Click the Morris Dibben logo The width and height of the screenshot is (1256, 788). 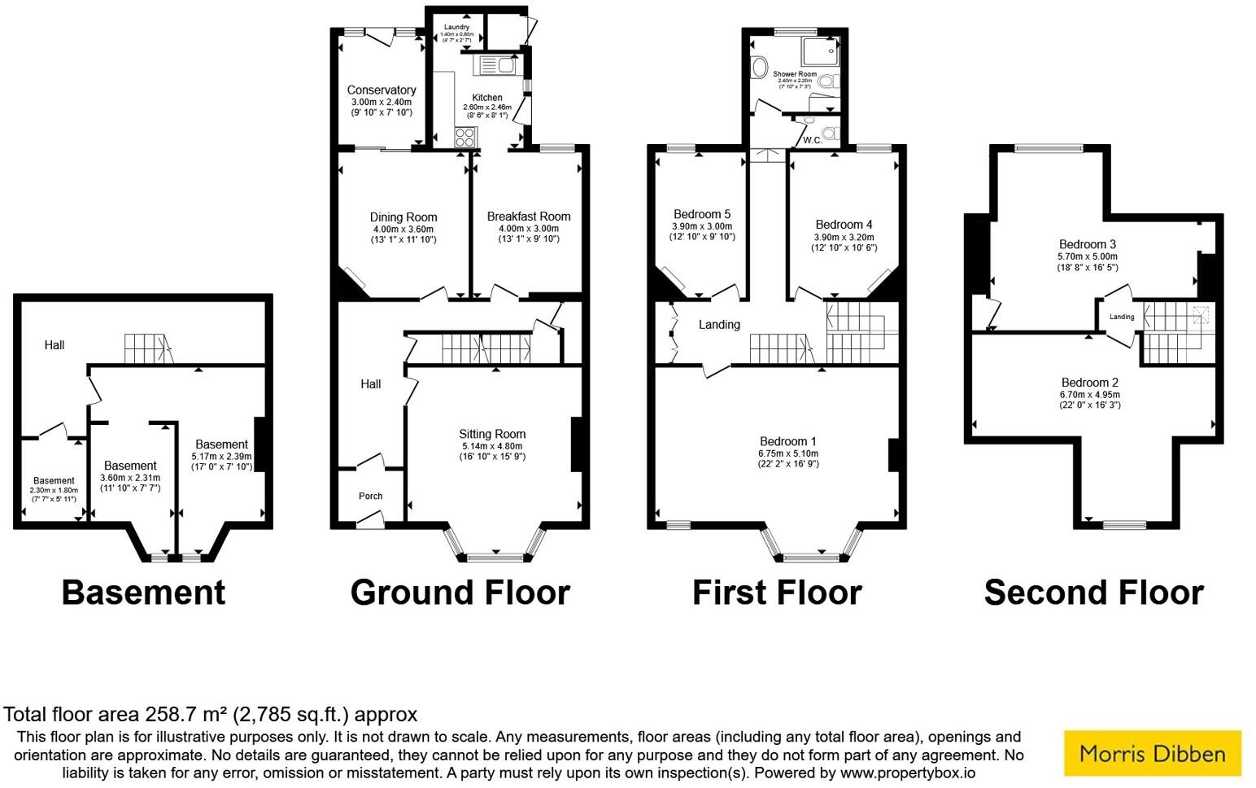1152,753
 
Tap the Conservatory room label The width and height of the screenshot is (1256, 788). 381,90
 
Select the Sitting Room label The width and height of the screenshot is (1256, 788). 492,434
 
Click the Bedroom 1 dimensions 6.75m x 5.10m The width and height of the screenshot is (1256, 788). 787,453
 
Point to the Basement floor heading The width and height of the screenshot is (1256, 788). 143,593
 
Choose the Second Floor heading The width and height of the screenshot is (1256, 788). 1093,593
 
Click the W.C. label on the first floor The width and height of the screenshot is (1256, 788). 812,140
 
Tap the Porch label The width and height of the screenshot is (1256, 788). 370,496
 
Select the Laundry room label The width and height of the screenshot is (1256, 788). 456,28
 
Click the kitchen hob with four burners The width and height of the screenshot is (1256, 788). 464,137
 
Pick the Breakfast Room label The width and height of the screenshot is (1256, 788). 528,217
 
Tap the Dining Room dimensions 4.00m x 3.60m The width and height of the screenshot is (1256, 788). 403,230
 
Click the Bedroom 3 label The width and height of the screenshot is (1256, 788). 1087,244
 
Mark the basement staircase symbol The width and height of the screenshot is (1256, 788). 148,349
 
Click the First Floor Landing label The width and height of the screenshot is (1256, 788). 719,325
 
